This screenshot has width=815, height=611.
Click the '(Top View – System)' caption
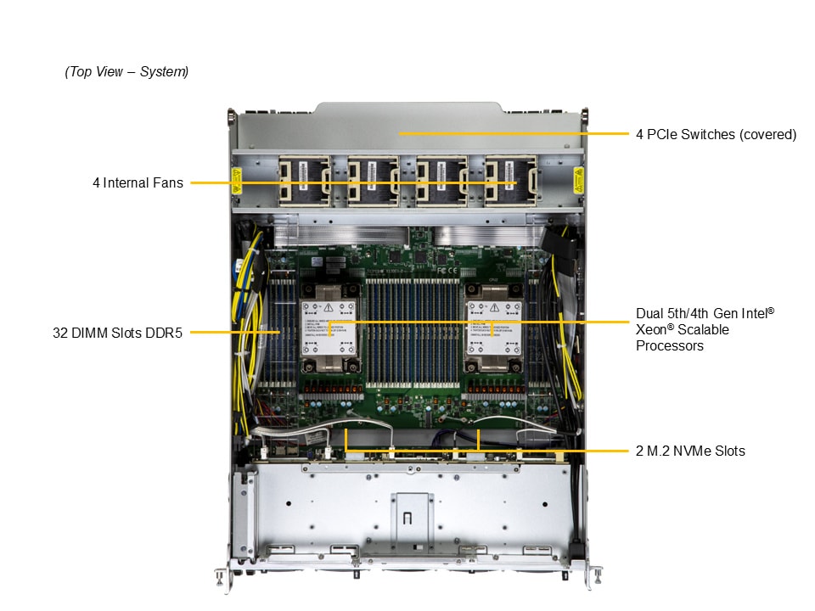[x=126, y=71]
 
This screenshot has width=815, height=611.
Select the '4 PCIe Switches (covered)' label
[x=716, y=135]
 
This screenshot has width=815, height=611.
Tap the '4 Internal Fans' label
[x=138, y=183]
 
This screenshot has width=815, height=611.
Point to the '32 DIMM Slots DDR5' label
[x=117, y=333]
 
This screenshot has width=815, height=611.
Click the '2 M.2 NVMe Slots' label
[x=690, y=451]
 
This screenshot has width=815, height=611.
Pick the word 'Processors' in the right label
[x=670, y=346]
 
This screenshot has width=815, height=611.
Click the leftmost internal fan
[x=305, y=181]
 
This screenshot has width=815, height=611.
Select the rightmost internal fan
[x=511, y=181]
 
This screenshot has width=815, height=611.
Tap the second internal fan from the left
[x=374, y=181]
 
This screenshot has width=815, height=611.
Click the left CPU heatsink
[x=329, y=328]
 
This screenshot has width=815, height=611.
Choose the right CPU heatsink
[x=494, y=328]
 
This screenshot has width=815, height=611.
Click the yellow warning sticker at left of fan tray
[x=237, y=180]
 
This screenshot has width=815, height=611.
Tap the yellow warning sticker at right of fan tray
[x=578, y=180]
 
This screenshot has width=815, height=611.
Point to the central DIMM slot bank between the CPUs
[x=413, y=333]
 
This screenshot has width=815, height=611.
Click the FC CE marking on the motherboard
[x=447, y=271]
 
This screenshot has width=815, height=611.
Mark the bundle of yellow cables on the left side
[x=247, y=333]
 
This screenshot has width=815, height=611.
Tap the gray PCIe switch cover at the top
[x=408, y=126]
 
